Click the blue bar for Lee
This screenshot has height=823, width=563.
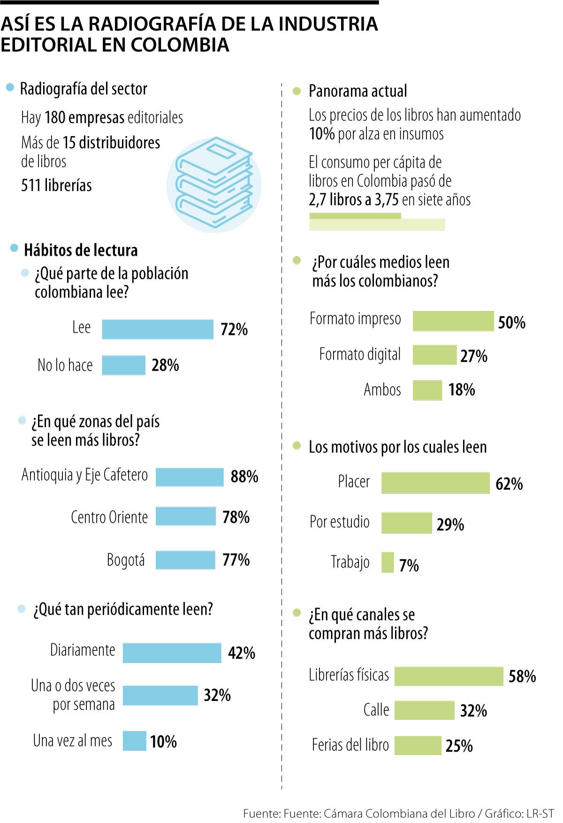click(x=157, y=329)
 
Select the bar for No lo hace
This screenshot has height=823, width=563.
click(x=123, y=365)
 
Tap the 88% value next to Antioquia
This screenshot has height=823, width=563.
click(x=244, y=477)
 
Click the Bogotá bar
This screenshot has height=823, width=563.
click(x=185, y=560)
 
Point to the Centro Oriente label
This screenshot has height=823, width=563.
click(x=109, y=517)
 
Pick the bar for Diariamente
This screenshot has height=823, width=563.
click(x=172, y=653)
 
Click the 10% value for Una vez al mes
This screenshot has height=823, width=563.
click(x=163, y=741)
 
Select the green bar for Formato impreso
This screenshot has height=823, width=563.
click(x=453, y=321)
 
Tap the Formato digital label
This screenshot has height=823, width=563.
click(x=360, y=355)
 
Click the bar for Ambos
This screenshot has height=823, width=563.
click(x=427, y=390)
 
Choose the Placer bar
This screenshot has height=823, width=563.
click(x=435, y=483)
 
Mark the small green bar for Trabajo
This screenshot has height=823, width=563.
click(x=388, y=562)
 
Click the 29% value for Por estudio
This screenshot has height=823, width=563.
click(x=450, y=525)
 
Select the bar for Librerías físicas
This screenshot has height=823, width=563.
click(x=449, y=676)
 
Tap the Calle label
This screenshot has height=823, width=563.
click(x=376, y=710)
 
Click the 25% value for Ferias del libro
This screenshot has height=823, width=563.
click(x=459, y=746)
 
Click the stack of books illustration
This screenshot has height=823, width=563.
click(x=214, y=184)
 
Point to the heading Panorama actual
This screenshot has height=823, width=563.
click(x=358, y=91)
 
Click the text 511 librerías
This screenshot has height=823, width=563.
click(x=56, y=185)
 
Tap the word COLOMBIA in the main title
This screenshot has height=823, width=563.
click(x=180, y=45)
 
